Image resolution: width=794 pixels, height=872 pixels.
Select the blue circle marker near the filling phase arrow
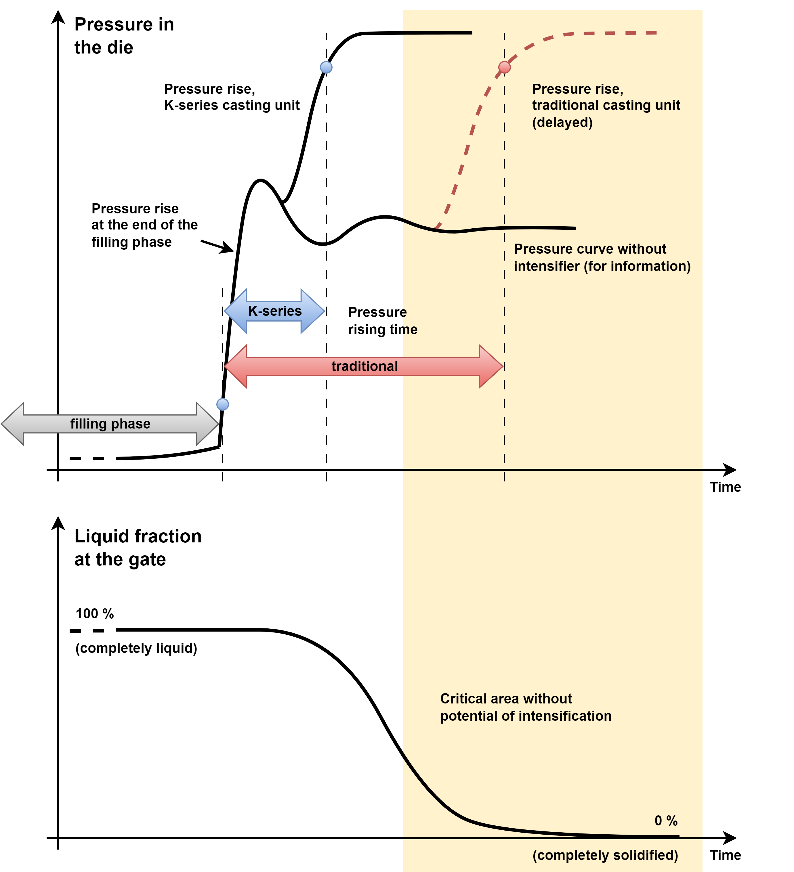222,404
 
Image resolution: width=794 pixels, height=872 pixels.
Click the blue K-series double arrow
274,311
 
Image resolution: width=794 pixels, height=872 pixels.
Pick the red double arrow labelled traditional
363,366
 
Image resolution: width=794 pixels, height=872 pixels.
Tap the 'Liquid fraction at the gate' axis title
138,548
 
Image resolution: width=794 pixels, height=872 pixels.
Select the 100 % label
95,613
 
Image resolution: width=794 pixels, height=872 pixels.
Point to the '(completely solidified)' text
605,855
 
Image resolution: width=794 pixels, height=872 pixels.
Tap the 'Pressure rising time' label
383,320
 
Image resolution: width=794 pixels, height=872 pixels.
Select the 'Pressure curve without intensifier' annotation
602,257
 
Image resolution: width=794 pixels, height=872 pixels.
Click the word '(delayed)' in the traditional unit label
562,123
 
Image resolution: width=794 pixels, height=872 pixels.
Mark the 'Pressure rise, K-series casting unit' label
232,97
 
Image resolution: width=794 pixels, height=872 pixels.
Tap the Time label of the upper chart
725,487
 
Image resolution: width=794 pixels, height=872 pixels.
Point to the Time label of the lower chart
725,855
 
